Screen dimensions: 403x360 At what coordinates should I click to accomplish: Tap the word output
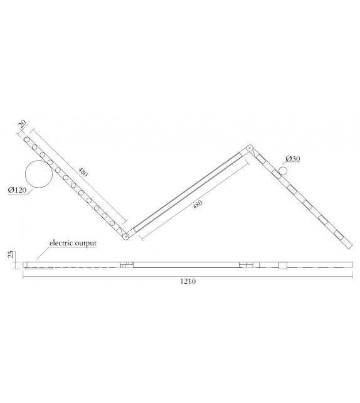86,243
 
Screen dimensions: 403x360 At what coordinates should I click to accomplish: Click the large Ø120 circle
38,174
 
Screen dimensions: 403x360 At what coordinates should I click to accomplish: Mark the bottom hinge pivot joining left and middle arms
125,236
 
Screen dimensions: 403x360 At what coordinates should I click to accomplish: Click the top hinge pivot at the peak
250,148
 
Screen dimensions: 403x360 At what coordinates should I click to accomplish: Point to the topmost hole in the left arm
28,140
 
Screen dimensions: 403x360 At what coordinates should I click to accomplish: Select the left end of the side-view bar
24,264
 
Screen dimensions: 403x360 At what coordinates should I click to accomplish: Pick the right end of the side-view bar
352,264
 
